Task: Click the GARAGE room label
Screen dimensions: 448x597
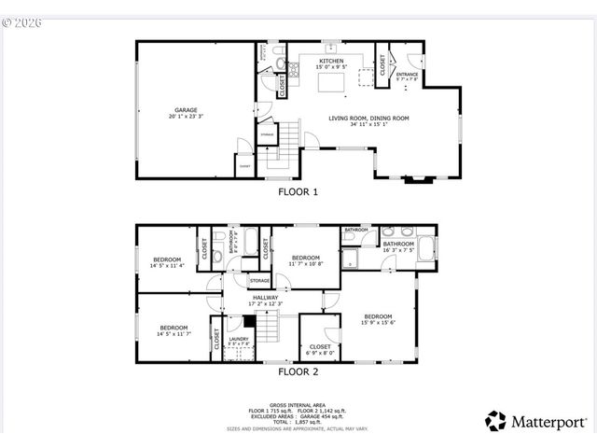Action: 183,112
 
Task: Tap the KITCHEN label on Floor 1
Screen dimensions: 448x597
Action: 332,63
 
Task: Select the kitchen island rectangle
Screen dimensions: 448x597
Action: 332,83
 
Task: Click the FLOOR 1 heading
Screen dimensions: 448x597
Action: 298,192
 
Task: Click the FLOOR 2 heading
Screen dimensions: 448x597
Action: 298,371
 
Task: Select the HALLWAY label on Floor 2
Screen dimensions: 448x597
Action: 265,301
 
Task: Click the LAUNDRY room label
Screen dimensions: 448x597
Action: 240,342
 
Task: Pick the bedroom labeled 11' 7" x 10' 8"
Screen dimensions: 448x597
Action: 306,260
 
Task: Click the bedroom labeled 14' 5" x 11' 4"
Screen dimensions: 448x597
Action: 168,261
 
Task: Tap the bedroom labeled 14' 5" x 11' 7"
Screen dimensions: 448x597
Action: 174,330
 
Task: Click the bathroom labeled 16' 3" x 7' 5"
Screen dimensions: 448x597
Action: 398,246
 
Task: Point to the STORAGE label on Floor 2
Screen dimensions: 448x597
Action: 260,280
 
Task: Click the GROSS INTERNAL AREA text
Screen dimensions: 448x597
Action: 298,405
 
